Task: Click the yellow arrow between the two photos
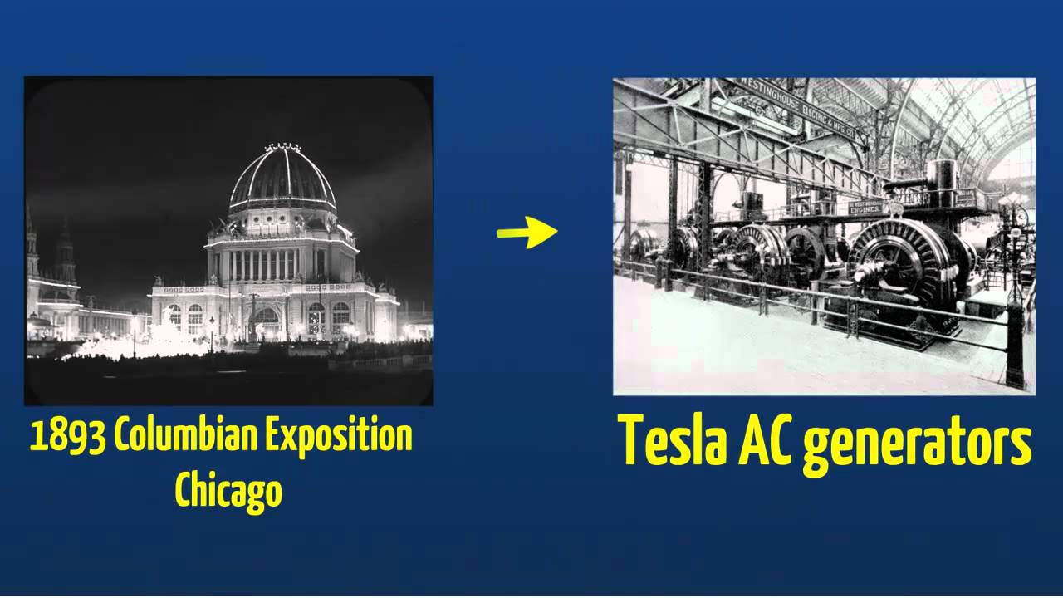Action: [x=528, y=233]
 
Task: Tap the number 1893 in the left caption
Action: [x=68, y=436]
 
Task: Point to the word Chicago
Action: [x=228, y=490]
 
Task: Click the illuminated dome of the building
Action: [x=282, y=179]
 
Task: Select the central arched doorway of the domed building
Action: [x=265, y=323]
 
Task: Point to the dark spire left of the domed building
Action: [x=66, y=249]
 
